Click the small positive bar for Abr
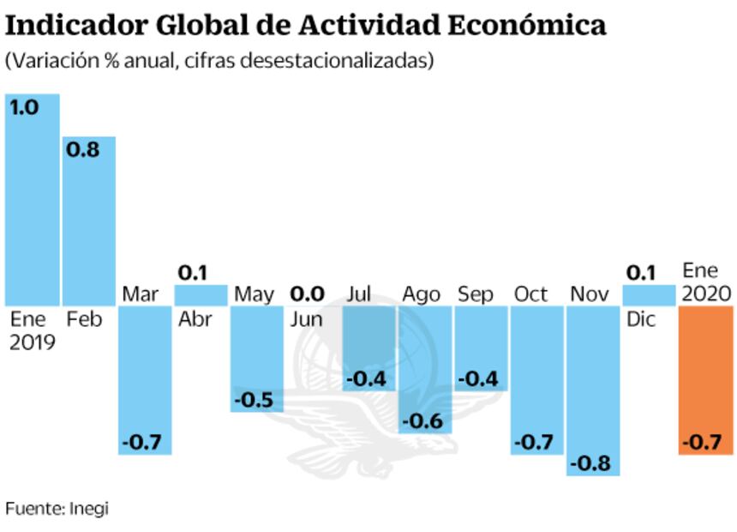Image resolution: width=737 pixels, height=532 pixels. point(201,295)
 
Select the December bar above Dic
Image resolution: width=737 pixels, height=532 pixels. point(649,295)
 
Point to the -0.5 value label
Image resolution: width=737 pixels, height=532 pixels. point(255,401)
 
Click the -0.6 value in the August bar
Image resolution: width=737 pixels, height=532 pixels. point(422,421)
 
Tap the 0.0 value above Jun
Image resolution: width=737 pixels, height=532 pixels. point(307,294)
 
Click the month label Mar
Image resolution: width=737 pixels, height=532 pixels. point(140,294)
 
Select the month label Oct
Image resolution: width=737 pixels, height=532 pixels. point(530,294)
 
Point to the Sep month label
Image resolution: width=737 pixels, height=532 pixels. point(476,294)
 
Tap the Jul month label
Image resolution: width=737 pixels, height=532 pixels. point(360,294)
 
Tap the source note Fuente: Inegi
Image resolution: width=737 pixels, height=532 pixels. point(57,508)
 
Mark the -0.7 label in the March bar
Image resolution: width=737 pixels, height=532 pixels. point(141,443)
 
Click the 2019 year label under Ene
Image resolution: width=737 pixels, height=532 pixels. point(33,342)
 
